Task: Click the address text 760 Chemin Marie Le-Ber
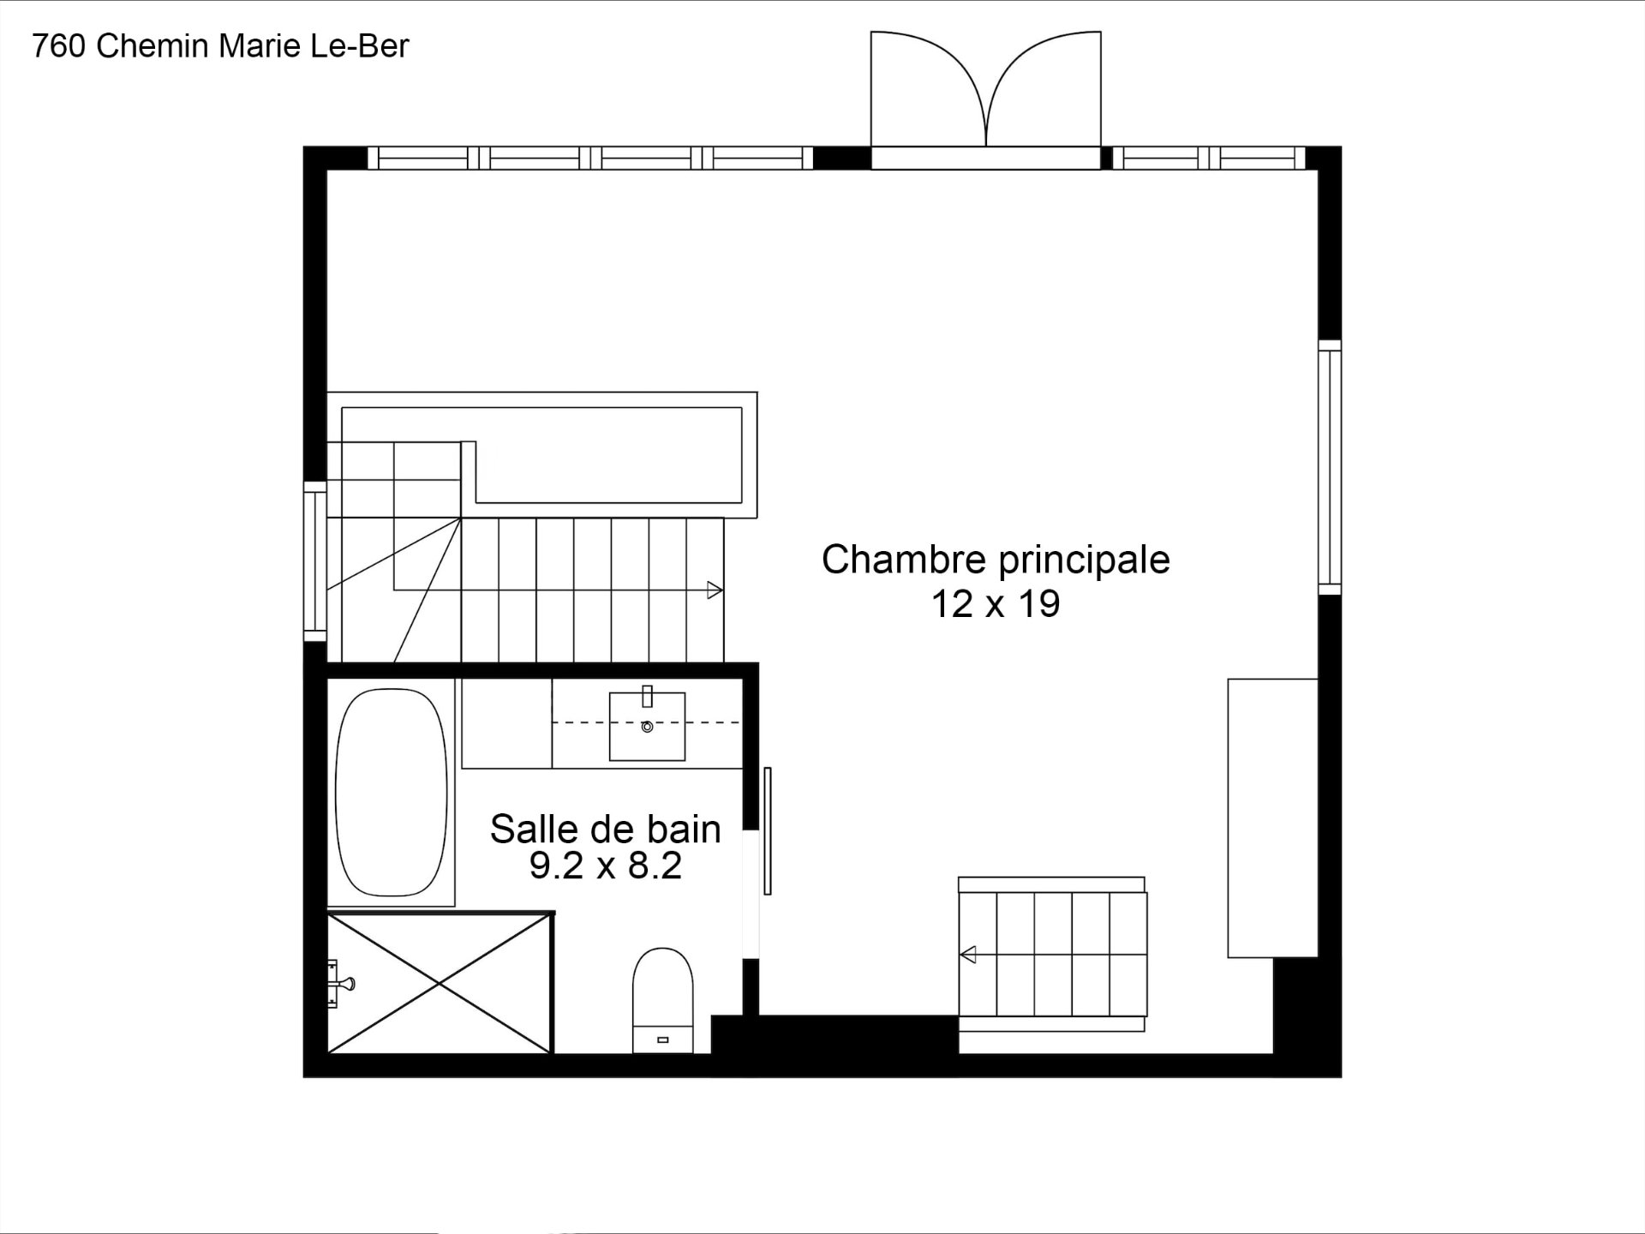click(220, 46)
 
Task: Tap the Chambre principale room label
click(996, 560)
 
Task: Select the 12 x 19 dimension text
click(996, 604)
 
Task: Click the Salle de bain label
click(605, 829)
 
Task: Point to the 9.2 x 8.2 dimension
click(605, 866)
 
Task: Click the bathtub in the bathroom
click(392, 792)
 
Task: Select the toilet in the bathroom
click(662, 1000)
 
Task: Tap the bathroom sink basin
click(647, 727)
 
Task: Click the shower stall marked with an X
click(440, 984)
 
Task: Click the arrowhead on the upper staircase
click(715, 590)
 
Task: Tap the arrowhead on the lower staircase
click(968, 954)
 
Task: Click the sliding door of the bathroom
click(768, 831)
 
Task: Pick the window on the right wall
click(1330, 467)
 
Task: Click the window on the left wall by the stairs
click(315, 561)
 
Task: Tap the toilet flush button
click(662, 1040)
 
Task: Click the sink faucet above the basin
click(648, 696)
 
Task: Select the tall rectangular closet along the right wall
click(1272, 818)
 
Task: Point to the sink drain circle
click(647, 727)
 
